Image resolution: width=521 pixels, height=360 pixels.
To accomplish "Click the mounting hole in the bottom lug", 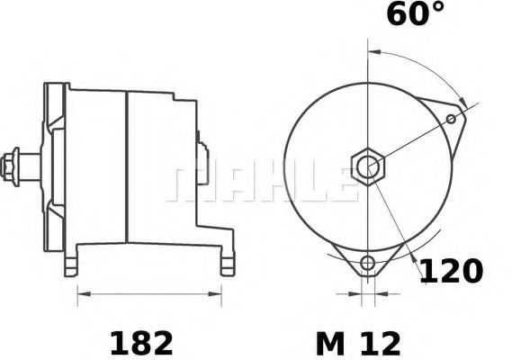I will point(366,263).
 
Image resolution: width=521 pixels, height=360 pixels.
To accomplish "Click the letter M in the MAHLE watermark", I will point(184,182).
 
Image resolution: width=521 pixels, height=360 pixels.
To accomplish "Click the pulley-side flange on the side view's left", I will point(56,162).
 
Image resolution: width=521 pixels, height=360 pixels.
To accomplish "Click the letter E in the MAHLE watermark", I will point(337,182).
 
